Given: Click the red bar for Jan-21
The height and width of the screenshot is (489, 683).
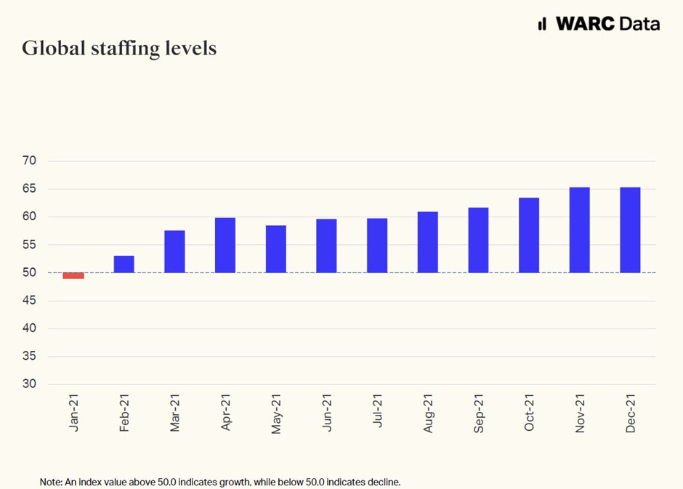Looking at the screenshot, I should point(73,275).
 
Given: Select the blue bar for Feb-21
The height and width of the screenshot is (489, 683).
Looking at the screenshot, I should point(124,264).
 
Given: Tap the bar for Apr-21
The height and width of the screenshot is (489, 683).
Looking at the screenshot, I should point(225,245).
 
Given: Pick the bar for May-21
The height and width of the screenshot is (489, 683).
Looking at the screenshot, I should point(276,248).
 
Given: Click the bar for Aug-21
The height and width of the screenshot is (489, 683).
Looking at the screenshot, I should point(428,242).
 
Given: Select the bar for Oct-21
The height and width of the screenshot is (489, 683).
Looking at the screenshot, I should point(529,235).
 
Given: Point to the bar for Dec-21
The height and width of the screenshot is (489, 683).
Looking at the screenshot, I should point(630,230).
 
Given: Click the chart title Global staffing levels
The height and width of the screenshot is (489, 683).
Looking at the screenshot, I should point(119,49).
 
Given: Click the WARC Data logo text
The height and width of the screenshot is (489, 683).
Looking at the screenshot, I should point(607,23).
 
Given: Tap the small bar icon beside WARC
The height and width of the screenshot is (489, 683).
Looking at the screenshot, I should point(542,24).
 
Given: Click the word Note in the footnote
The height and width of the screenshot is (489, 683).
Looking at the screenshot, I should point(50,482).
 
